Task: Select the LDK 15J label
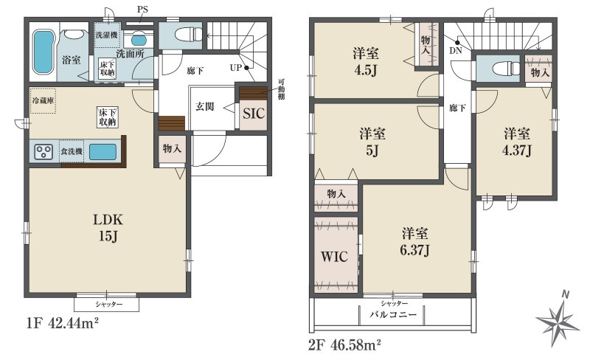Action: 107,226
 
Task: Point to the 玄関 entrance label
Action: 204,106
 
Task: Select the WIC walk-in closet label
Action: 333,257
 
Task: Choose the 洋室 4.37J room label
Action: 518,142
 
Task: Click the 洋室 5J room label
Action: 372,142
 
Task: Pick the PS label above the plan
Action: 142,10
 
